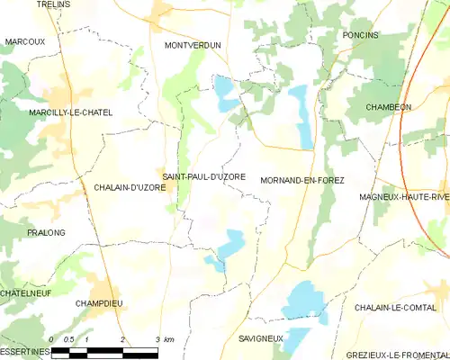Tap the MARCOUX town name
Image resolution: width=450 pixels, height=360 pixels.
24,41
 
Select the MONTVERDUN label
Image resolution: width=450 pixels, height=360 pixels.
193,44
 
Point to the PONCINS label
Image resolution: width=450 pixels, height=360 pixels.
360,34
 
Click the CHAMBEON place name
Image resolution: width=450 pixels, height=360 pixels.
388,106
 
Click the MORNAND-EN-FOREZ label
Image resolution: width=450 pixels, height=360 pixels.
301,181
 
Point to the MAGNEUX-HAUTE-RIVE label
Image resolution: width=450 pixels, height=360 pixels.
403,196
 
